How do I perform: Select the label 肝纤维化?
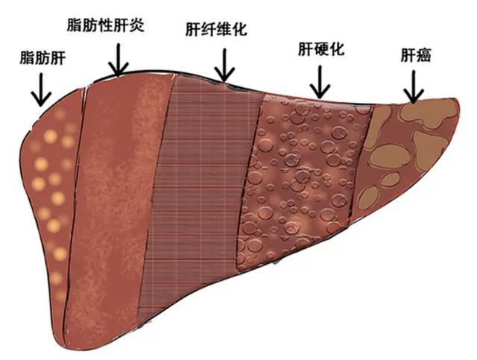point(216,29)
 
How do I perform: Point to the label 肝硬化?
point(320,50)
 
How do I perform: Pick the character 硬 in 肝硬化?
point(320,50)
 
